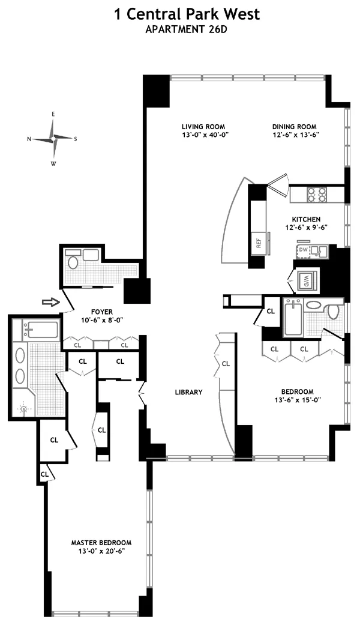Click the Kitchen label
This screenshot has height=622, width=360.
pyautogui.click(x=306, y=219)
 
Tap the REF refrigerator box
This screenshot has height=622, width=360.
pyautogui.click(x=259, y=243)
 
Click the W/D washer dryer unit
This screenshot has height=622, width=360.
pyautogui.click(x=304, y=280)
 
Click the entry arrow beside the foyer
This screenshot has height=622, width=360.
pyautogui.click(x=52, y=301)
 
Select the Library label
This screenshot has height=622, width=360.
pyautogui.click(x=189, y=392)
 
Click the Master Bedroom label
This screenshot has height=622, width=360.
pyautogui.click(x=101, y=542)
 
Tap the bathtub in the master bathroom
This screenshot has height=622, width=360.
pyautogui.click(x=40, y=330)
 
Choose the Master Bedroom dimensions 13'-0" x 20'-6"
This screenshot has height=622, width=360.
pyautogui.click(x=101, y=551)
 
